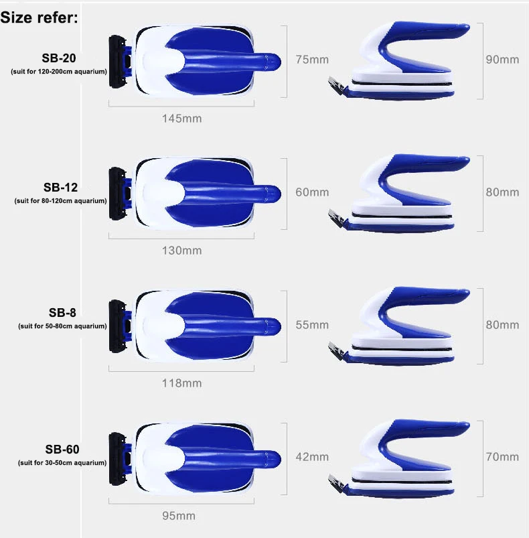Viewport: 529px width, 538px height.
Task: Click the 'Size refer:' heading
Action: (40, 17)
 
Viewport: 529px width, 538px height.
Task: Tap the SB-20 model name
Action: (59, 58)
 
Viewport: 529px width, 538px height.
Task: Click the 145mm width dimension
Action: (181, 119)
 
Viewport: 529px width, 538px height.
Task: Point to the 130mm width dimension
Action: (181, 251)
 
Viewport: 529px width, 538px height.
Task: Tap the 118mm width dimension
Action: (181, 383)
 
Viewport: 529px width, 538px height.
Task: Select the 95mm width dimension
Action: (178, 516)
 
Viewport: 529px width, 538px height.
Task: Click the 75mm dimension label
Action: (312, 60)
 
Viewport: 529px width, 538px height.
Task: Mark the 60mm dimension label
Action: (312, 192)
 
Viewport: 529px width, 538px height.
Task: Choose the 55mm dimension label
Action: (312, 325)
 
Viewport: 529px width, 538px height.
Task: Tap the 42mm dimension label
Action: (312, 457)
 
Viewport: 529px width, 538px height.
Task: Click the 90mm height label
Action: (502, 60)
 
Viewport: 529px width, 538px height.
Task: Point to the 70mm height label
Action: (502, 457)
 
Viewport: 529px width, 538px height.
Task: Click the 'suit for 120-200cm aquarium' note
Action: (59, 71)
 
